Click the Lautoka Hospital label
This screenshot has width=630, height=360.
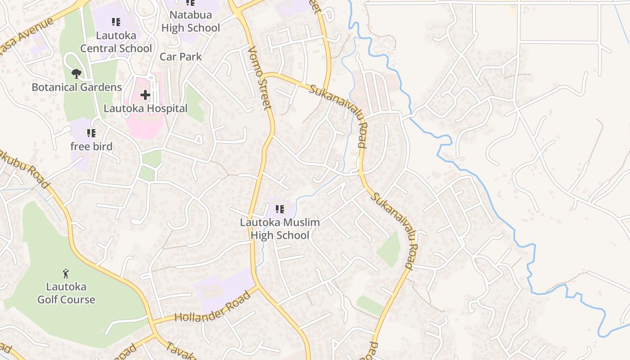(x=145, y=108)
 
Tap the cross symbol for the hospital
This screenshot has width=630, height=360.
(x=145, y=95)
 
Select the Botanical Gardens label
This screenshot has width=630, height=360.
(x=76, y=87)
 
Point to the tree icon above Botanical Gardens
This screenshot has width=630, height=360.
(x=76, y=73)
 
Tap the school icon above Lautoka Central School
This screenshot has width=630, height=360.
(x=116, y=22)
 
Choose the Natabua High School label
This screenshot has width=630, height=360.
(x=190, y=21)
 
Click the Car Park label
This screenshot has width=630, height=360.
(x=181, y=57)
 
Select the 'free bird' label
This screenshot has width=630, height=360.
(x=91, y=146)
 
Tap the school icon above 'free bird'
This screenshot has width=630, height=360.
(x=91, y=133)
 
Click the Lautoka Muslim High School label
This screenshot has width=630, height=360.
(x=280, y=229)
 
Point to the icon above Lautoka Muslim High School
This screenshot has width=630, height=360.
(x=280, y=209)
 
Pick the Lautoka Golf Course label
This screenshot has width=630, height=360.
(x=66, y=293)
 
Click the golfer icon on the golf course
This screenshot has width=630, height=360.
(x=66, y=273)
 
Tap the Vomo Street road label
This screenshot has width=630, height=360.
(x=260, y=77)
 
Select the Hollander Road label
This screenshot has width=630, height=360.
(x=212, y=307)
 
